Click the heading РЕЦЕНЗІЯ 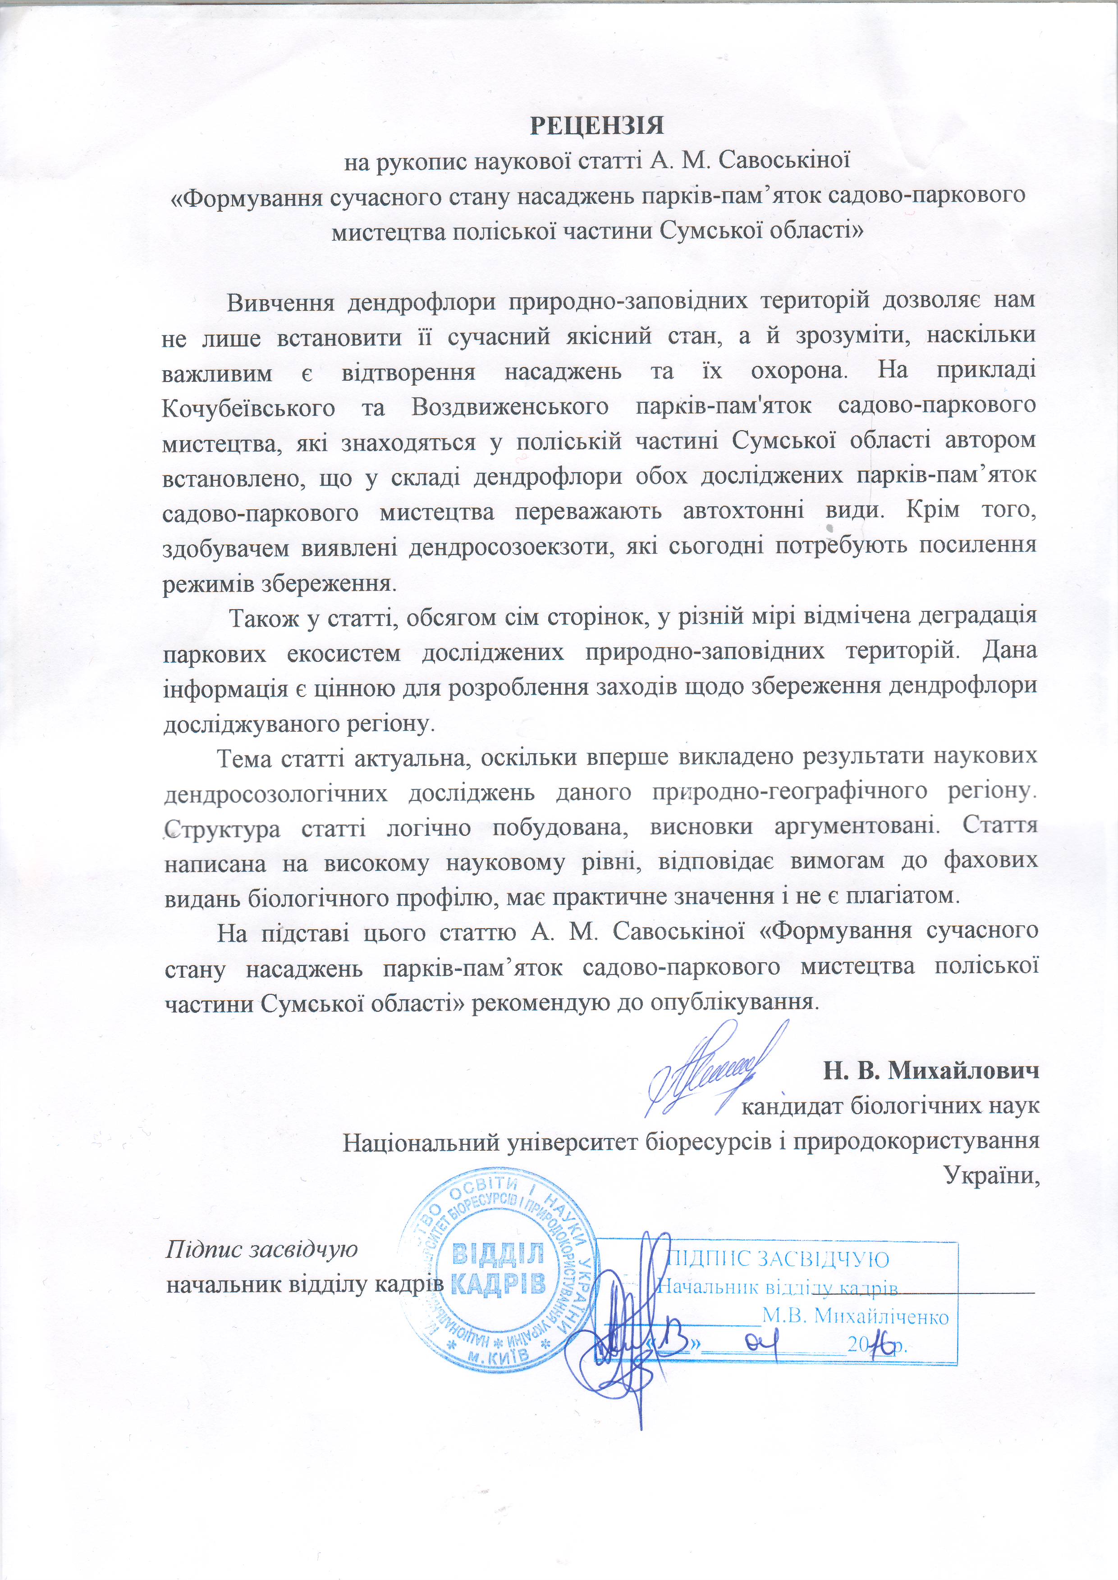click(x=596, y=126)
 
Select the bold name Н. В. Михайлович click(x=931, y=1071)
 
